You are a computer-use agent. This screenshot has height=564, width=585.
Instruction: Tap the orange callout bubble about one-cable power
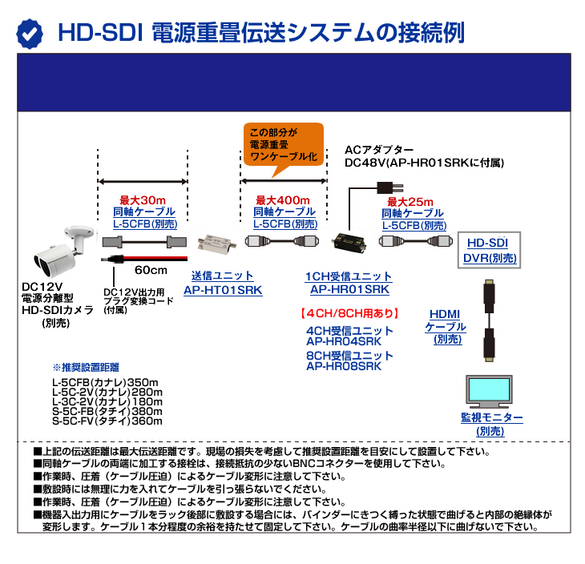283,143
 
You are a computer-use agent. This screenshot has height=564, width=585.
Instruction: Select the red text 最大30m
143,200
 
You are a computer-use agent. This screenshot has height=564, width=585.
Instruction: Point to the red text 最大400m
284,200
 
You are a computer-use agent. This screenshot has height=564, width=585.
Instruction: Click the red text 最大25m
411,201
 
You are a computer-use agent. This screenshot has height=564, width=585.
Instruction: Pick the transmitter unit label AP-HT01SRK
223,289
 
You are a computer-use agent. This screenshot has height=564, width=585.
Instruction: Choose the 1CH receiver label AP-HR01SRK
349,289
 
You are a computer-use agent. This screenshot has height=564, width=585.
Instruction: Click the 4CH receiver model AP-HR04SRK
349,342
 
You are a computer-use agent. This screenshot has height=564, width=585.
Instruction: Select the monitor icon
491,391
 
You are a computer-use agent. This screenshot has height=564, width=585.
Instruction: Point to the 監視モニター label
491,418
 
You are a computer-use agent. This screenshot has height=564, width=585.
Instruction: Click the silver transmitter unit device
220,241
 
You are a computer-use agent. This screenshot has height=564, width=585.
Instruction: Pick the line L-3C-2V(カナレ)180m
107,401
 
